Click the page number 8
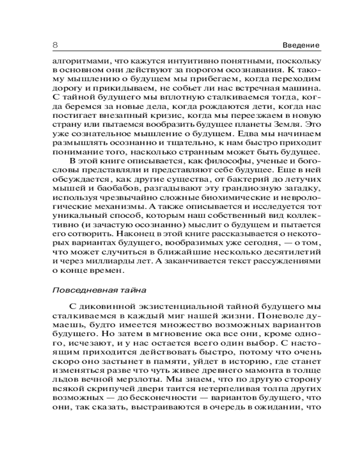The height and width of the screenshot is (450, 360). click(x=55, y=45)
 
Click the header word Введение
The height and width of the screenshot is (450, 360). click(x=301, y=45)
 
